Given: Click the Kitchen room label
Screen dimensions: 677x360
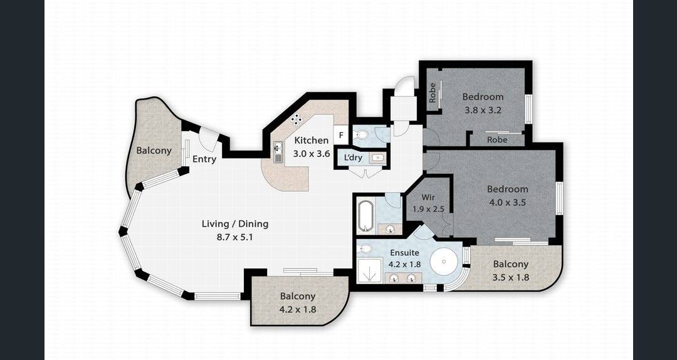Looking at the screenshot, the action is [x=312, y=140].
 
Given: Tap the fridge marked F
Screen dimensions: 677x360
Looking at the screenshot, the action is [x=340, y=135].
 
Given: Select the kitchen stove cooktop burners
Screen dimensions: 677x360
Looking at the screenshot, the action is [x=296, y=119].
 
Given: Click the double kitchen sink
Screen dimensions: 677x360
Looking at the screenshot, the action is [x=277, y=152].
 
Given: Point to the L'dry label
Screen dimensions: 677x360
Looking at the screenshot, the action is [x=353, y=158].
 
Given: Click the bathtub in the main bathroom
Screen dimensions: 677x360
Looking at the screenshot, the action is [x=365, y=214].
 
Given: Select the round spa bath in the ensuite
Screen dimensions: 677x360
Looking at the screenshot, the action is [x=444, y=261].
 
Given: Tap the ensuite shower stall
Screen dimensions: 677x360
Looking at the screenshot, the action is [x=369, y=270].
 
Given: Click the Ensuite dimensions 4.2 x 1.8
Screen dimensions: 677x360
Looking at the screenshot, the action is [x=405, y=265].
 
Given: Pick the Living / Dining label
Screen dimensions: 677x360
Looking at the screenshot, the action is [x=235, y=224].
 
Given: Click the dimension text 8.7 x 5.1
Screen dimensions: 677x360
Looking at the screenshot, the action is [x=235, y=237].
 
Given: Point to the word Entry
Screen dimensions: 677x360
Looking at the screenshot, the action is [x=204, y=159].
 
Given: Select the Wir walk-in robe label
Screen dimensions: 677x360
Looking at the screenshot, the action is [x=428, y=198].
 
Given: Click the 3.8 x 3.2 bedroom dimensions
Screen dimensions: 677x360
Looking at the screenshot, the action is [x=483, y=110].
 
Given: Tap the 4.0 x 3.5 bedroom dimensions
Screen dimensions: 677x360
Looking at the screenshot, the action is [x=507, y=202].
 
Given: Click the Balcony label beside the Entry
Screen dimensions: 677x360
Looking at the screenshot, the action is [x=154, y=151].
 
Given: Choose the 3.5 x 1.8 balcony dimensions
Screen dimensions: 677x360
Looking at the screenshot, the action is [x=511, y=277].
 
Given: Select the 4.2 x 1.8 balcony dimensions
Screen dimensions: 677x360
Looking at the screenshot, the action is [x=298, y=309].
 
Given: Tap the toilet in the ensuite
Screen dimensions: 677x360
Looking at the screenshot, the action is [x=365, y=249].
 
